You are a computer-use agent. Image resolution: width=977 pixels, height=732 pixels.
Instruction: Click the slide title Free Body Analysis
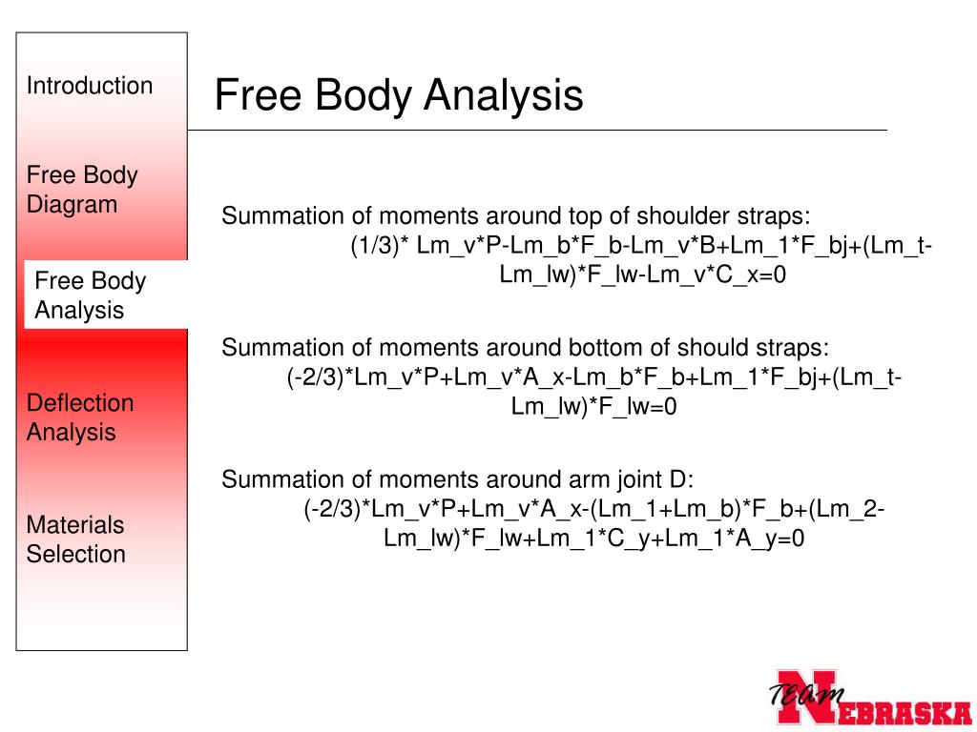click(398, 96)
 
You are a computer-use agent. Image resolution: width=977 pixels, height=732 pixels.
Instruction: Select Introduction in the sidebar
click(89, 86)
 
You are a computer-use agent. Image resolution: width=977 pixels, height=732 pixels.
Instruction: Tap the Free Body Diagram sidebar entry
click(82, 190)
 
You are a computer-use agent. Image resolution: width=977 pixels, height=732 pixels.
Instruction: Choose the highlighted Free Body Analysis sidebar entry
click(91, 295)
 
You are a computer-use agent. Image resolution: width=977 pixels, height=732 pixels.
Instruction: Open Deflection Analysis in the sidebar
click(80, 417)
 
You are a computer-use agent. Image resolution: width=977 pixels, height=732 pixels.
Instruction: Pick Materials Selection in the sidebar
click(76, 539)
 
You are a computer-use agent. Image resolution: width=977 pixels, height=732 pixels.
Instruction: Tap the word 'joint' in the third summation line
click(624, 479)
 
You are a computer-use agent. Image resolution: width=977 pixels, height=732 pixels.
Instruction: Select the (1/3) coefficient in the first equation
click(379, 247)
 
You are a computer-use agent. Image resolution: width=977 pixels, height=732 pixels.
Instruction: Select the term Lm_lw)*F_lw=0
click(593, 407)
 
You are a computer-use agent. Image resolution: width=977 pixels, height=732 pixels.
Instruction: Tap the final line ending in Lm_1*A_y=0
click(594, 539)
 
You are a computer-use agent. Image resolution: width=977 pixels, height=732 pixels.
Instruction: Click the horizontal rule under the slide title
click(537, 130)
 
